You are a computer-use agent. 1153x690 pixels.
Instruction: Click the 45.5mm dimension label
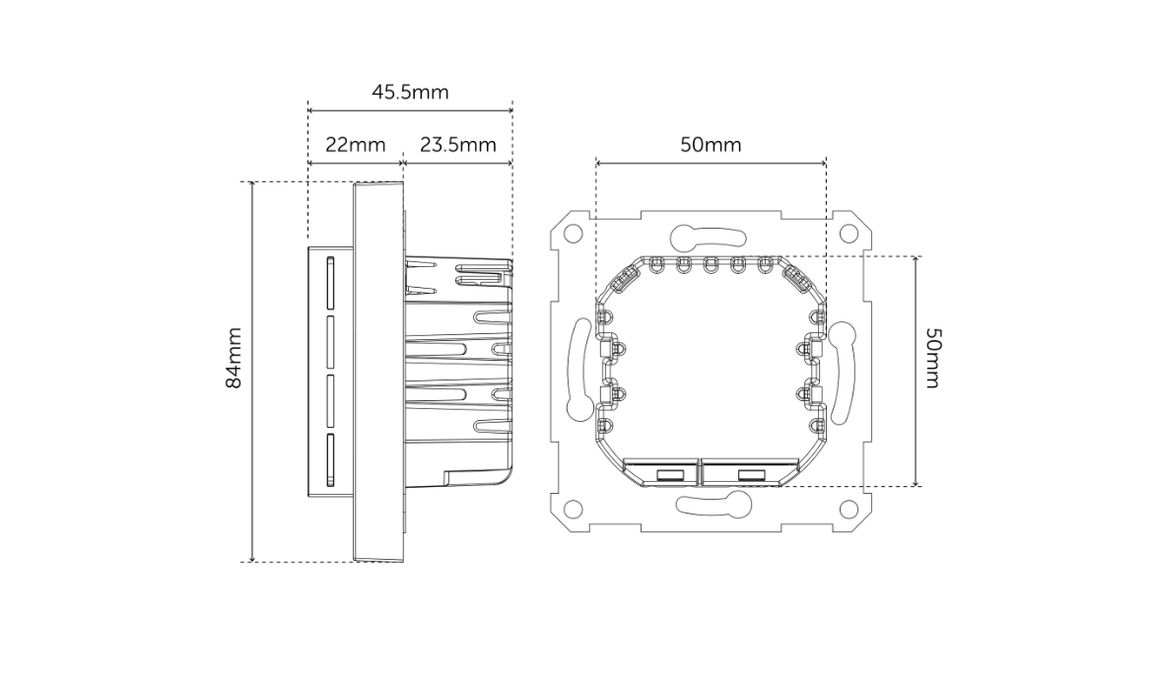point(410,93)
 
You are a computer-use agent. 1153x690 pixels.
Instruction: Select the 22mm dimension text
point(355,145)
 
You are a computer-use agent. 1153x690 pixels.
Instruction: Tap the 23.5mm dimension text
point(458,145)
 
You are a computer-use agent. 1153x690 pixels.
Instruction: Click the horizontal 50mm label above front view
point(711,145)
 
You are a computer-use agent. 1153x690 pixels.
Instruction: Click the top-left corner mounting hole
point(573,235)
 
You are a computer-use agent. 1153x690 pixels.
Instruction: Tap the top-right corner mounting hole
point(848,235)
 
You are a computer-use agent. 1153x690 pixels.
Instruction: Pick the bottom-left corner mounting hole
point(573,509)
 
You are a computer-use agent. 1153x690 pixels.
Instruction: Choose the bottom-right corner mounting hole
point(848,509)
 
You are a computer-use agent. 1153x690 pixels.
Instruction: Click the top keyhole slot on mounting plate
point(709,237)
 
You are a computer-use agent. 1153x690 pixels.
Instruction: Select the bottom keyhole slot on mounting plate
point(711,506)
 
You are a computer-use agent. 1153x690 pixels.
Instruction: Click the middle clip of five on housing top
point(710,264)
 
